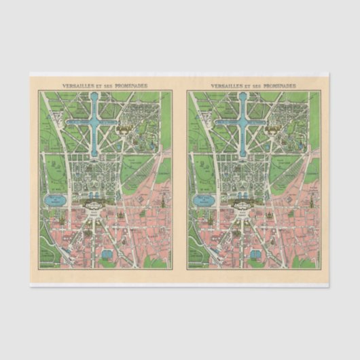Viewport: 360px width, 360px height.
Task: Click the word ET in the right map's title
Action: click(248, 86)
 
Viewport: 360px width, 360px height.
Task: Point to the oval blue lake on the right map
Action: click(203, 201)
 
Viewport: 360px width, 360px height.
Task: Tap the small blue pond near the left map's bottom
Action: click(107, 254)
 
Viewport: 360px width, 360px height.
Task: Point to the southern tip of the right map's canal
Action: click(242, 155)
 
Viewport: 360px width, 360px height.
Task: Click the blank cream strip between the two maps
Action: click(179, 177)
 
